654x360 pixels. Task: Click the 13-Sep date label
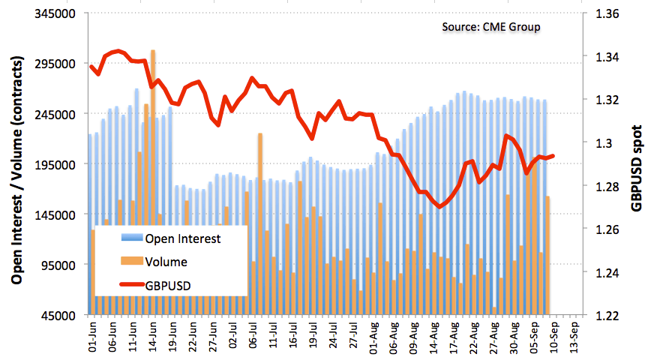coord(574,334)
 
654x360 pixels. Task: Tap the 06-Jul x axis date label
coord(253,334)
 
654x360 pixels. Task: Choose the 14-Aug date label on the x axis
coord(434,334)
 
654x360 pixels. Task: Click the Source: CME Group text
coord(490,27)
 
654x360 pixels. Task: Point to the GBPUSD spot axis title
coord(637,166)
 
